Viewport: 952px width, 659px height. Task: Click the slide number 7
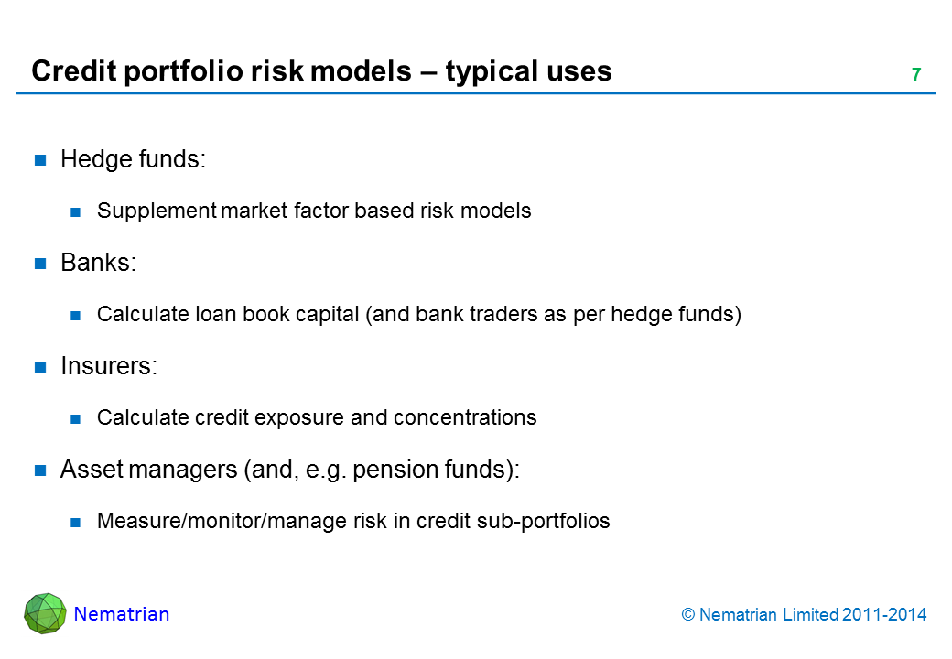click(x=916, y=74)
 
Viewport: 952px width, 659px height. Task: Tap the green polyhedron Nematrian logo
click(x=45, y=613)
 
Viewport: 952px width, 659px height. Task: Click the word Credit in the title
click(x=73, y=71)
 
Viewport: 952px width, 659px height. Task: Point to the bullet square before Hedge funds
click(x=40, y=160)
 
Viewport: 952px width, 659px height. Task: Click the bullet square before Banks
click(x=40, y=264)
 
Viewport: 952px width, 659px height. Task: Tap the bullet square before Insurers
click(x=40, y=366)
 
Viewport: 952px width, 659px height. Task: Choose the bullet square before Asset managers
click(x=40, y=470)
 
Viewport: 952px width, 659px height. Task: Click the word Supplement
click(x=157, y=211)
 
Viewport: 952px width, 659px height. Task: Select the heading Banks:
click(x=98, y=263)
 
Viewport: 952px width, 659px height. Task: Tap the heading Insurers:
click(x=109, y=366)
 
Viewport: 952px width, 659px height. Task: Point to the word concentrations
click(x=465, y=417)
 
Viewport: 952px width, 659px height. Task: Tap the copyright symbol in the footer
click(x=687, y=615)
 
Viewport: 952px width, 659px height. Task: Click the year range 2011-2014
click(x=884, y=615)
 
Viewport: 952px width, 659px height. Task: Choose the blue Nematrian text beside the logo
click(x=122, y=614)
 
